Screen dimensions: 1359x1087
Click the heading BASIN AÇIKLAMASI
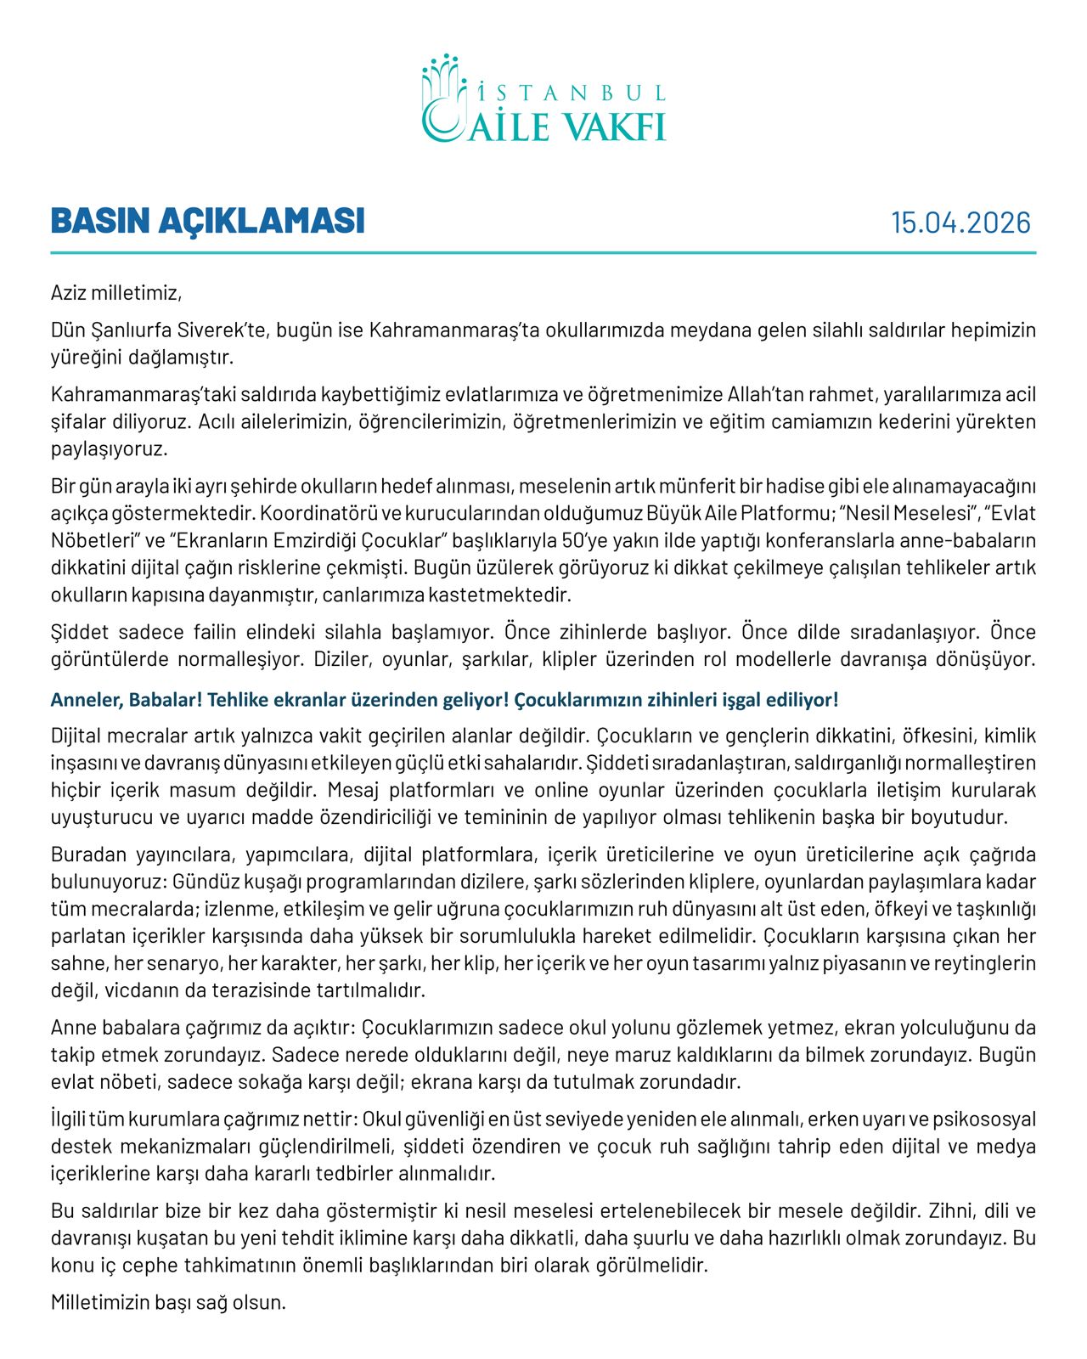pyautogui.click(x=208, y=221)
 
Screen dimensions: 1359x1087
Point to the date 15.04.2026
pyautogui.click(x=960, y=223)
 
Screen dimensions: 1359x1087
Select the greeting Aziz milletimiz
pyautogui.click(x=116, y=294)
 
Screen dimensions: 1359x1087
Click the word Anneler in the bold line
pyautogui.click(x=84, y=700)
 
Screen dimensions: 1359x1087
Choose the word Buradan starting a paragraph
pyautogui.click(x=87, y=854)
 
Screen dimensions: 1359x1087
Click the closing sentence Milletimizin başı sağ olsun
pyautogui.click(x=168, y=1302)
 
